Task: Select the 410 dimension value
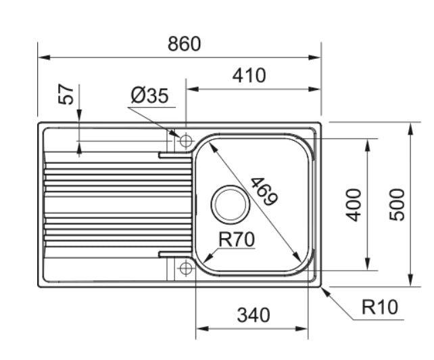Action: click(249, 75)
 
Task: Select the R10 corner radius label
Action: click(381, 308)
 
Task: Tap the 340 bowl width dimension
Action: click(252, 315)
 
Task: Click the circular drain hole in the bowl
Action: click(228, 203)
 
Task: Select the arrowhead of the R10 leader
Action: click(324, 290)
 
